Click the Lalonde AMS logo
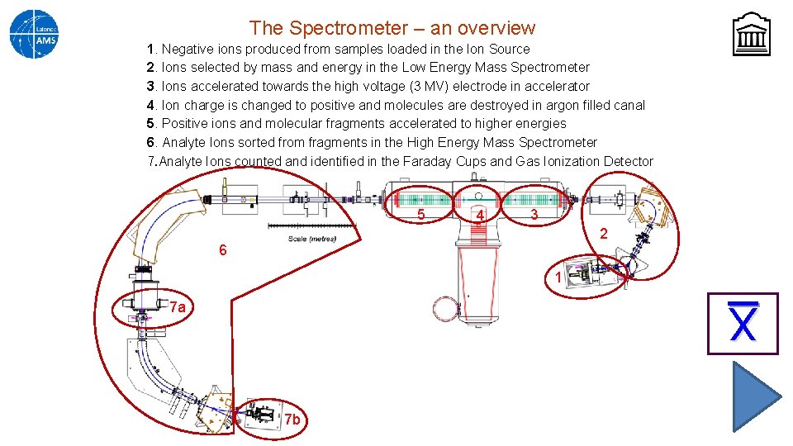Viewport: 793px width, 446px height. coord(34,34)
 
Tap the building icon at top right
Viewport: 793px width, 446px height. coord(751,36)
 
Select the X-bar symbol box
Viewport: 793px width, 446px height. coord(743,324)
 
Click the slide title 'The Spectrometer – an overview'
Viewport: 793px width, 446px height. coord(392,28)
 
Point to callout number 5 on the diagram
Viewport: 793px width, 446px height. coord(420,215)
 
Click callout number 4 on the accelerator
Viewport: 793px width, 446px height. coord(478,216)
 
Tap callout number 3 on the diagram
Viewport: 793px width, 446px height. coord(534,215)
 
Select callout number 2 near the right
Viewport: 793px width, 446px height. coord(603,234)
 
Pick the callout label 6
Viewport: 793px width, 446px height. coord(222,250)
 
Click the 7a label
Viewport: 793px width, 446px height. coord(177,308)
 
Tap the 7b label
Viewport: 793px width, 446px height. coord(292,420)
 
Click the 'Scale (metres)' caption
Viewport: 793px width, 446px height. coord(311,240)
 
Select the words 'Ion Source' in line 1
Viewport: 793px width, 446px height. coord(497,49)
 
